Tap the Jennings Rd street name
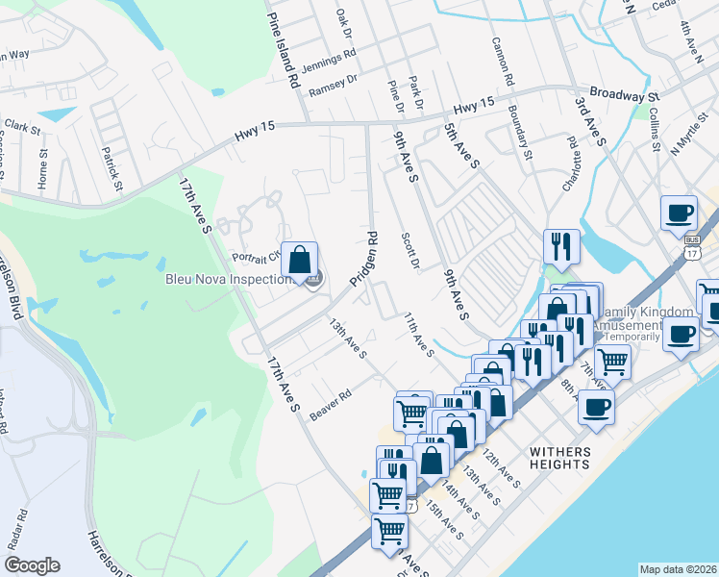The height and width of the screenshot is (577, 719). (x=329, y=61)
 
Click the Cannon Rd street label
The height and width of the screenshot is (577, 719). (x=503, y=59)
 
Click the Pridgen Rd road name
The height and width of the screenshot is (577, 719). (x=363, y=259)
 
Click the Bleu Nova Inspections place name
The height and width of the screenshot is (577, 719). (x=227, y=280)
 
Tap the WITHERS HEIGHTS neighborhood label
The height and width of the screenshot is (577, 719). (x=558, y=457)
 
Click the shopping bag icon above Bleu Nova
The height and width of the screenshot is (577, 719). (x=300, y=258)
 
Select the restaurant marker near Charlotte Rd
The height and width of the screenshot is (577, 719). (x=558, y=246)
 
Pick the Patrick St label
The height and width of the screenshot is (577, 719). (x=112, y=166)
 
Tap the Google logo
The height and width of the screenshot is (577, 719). (x=32, y=565)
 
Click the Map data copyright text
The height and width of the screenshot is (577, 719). (x=679, y=569)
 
